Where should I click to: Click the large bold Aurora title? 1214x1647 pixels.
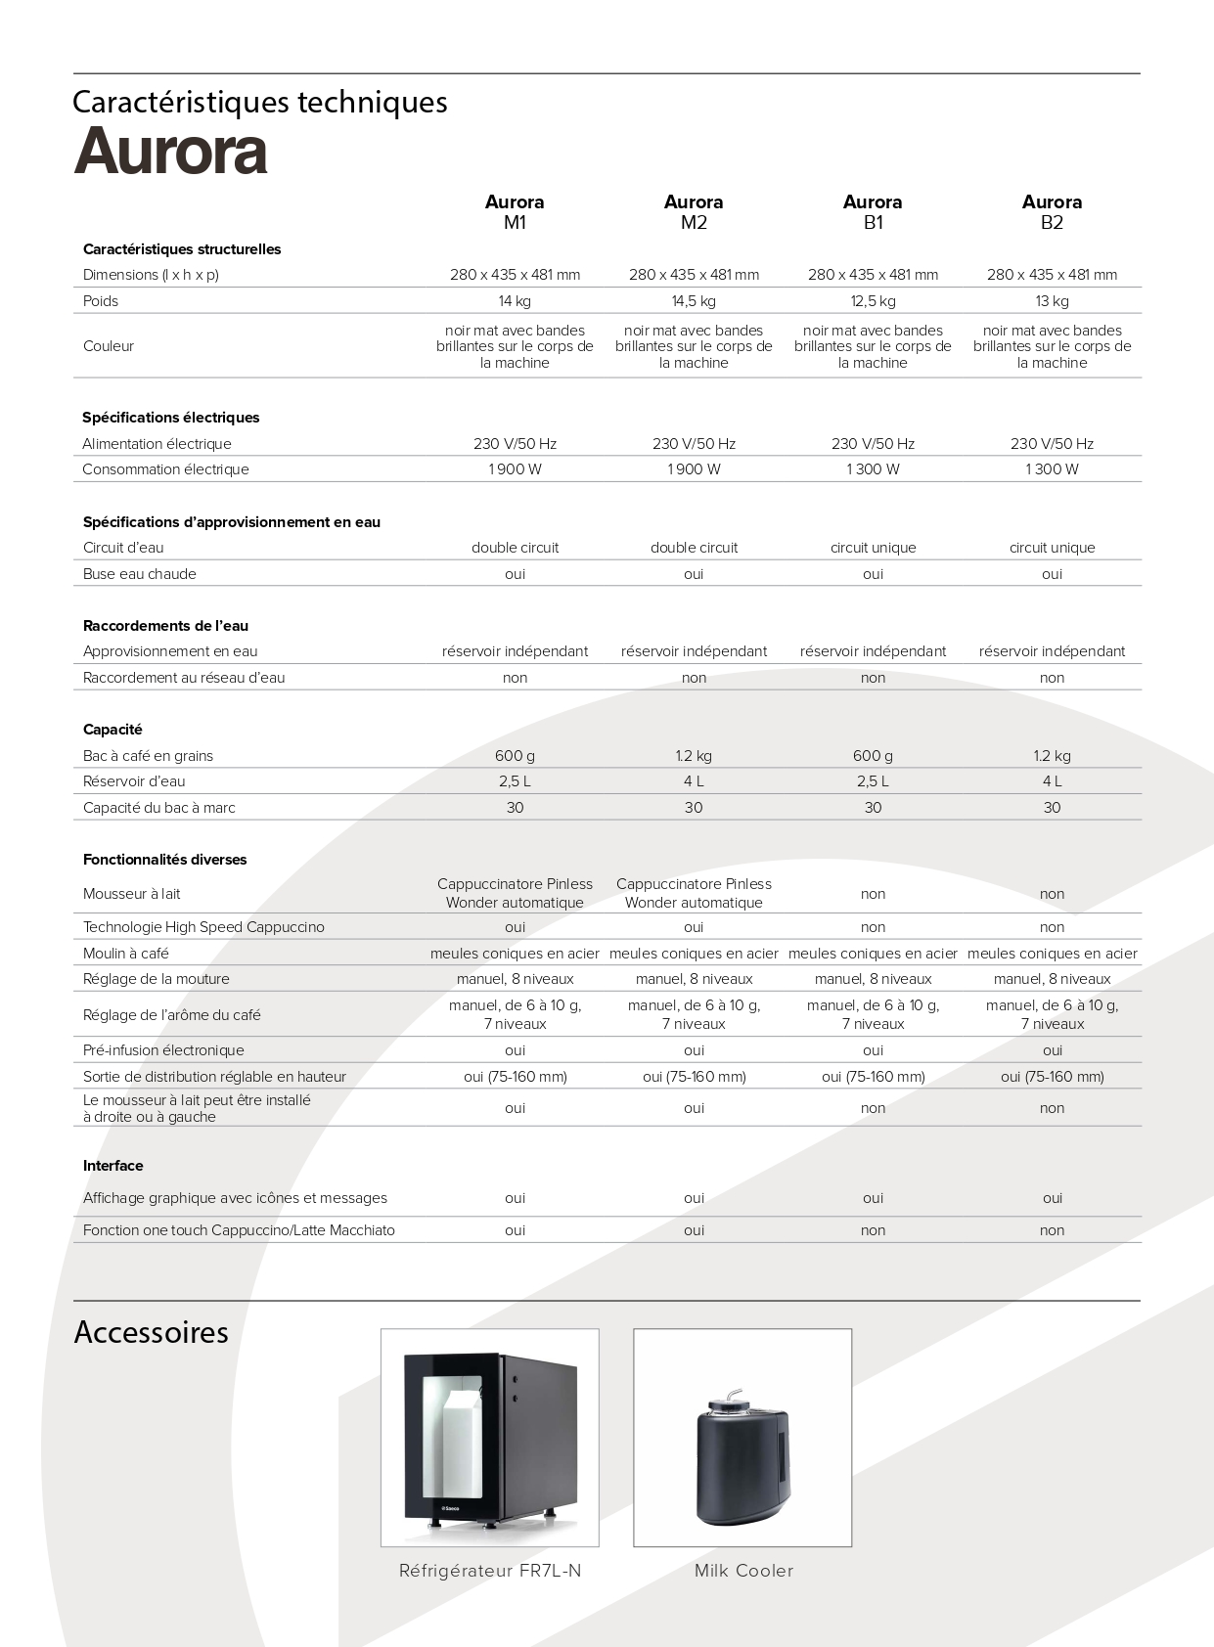click(x=170, y=152)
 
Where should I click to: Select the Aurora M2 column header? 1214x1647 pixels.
click(x=694, y=212)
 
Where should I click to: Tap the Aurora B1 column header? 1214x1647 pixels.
click(x=873, y=212)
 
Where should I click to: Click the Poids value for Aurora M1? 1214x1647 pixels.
click(x=515, y=301)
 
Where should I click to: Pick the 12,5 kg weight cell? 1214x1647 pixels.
click(x=873, y=301)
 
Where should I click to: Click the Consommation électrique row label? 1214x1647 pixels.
click(x=165, y=469)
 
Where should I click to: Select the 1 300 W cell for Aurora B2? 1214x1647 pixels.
click(x=1052, y=469)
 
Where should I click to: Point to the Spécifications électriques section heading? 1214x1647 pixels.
click(x=170, y=418)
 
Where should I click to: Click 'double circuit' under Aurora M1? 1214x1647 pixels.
click(x=515, y=548)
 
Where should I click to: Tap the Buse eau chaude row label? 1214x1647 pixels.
click(x=139, y=574)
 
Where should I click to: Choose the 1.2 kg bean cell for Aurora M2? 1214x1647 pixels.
click(x=694, y=756)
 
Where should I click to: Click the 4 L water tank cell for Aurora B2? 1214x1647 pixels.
click(x=1052, y=781)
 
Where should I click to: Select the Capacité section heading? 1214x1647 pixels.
click(x=112, y=730)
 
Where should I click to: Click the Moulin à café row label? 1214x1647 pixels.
click(x=125, y=954)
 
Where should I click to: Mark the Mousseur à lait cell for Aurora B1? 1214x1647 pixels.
click(x=873, y=894)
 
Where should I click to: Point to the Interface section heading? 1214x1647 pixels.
click(x=112, y=1166)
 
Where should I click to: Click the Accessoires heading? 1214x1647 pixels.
click(x=151, y=1332)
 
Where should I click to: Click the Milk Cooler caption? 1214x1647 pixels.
click(x=743, y=1571)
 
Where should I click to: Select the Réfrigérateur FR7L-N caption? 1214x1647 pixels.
click(x=489, y=1571)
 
